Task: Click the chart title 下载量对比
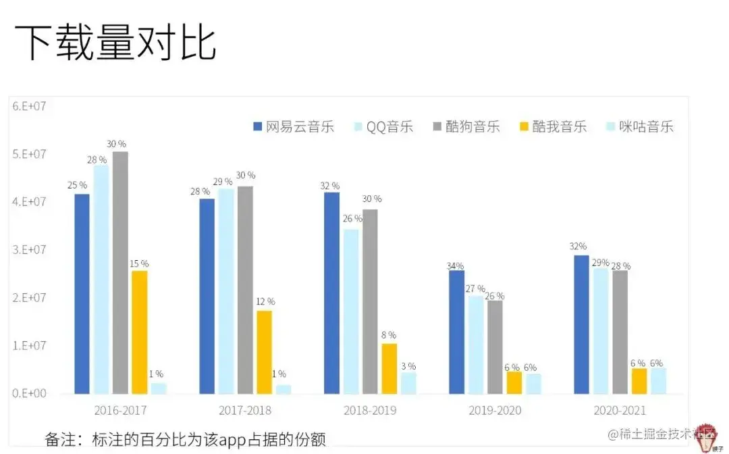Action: tap(115, 43)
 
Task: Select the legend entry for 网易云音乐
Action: tap(293, 126)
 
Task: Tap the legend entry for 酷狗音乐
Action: tap(465, 126)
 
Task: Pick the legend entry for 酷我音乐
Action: tap(551, 126)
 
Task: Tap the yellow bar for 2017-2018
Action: tap(264, 352)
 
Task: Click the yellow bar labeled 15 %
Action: tap(139, 332)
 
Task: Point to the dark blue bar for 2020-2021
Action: tap(581, 324)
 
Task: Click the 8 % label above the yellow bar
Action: tap(388, 334)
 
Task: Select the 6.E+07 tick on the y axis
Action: tap(27, 105)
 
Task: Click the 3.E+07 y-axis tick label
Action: tap(27, 249)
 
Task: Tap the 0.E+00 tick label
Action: tap(27, 393)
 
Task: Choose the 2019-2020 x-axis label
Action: tap(496, 410)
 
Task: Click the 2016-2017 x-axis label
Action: tap(120, 410)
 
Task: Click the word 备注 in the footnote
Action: tap(59, 439)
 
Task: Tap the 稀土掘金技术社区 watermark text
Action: tap(657, 434)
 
